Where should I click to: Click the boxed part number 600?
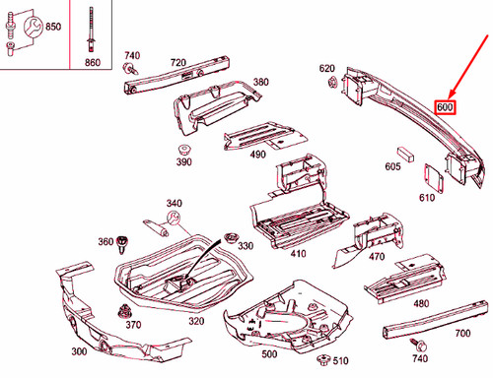tap(445, 105)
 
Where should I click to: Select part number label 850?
tap(51, 26)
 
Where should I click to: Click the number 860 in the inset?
tap(93, 62)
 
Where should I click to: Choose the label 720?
tap(177, 62)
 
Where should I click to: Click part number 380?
tap(259, 83)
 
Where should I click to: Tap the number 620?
tap(327, 68)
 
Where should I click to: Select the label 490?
tap(257, 155)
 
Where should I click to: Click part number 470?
tap(377, 257)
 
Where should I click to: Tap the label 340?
tap(175, 203)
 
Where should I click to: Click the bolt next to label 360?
tap(124, 242)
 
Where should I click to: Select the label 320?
tap(196, 320)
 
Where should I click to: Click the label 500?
tap(268, 351)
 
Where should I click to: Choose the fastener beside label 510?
tap(318, 360)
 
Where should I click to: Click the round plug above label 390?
tap(184, 144)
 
